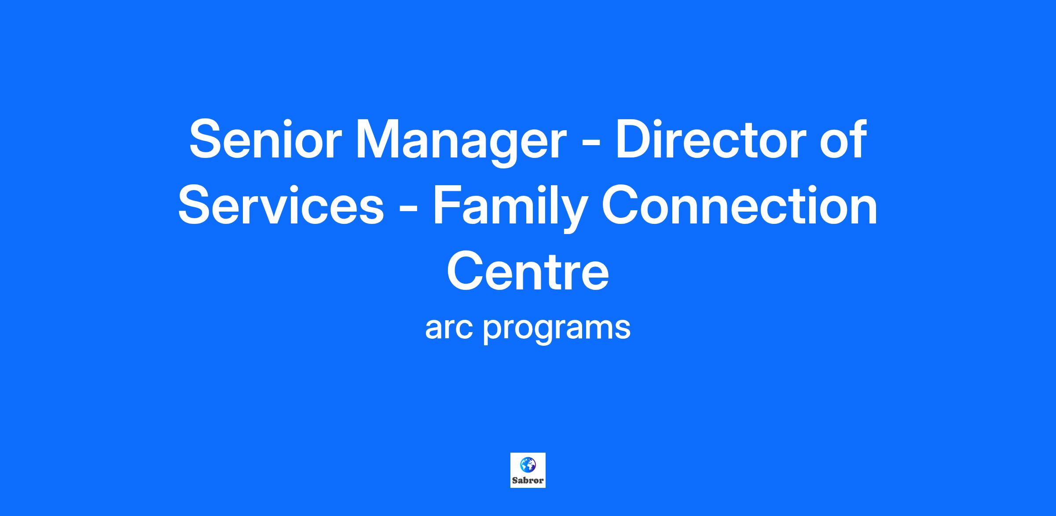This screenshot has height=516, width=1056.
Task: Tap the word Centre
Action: (x=528, y=271)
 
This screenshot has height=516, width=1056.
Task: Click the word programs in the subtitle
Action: (x=557, y=331)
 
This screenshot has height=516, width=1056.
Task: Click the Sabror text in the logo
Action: (x=528, y=480)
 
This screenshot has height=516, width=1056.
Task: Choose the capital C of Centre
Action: (x=466, y=271)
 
